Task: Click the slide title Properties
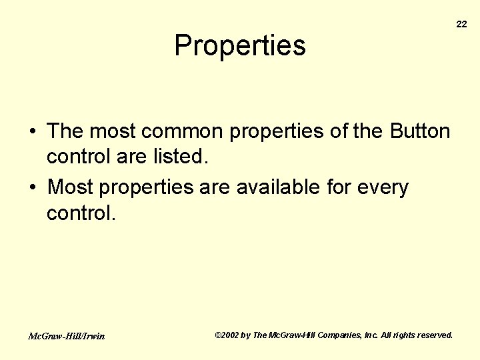click(240, 46)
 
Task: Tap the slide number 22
click(461, 24)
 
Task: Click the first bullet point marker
click(33, 132)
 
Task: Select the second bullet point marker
click(33, 188)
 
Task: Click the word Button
click(419, 131)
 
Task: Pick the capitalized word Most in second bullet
click(71, 187)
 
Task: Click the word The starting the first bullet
click(65, 131)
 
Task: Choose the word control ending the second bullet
click(81, 213)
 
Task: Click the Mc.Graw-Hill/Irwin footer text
click(66, 336)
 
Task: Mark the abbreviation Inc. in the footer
click(371, 335)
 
